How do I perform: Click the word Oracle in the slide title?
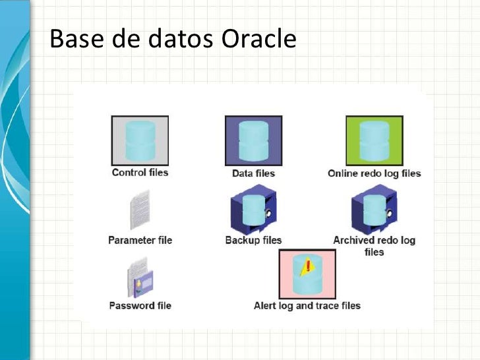(258, 40)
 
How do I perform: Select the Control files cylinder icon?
(140, 140)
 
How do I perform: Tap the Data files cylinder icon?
(253, 140)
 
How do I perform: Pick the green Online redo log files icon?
(374, 140)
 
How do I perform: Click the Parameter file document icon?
(140, 210)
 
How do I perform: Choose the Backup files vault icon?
(253, 210)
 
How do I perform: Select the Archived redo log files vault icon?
(374, 210)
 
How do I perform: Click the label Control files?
(140, 173)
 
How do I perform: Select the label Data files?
(253, 173)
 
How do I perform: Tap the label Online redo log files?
(374, 173)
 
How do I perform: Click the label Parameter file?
(140, 240)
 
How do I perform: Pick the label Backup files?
(253, 240)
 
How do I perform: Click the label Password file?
(140, 305)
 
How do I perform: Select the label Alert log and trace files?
(307, 305)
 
